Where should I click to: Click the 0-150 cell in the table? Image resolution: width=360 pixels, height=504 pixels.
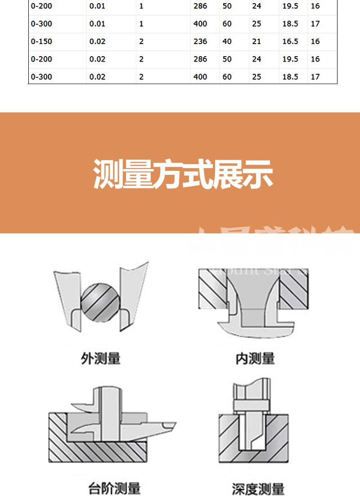41,41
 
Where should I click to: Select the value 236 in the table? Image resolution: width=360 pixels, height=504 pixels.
200,41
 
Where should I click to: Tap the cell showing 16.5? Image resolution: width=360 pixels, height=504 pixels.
290,41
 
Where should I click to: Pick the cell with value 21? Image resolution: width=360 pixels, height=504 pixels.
256,41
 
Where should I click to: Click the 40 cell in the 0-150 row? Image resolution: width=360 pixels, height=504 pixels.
227,41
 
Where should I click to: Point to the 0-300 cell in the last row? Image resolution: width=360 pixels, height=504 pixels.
41,77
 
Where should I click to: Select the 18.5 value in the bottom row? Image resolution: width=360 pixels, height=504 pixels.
290,77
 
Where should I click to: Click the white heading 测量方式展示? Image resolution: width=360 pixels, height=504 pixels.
183,174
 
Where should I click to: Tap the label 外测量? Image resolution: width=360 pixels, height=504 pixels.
101,358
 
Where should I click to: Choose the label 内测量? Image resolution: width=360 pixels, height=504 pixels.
255,358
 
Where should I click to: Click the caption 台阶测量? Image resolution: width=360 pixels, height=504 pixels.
114,488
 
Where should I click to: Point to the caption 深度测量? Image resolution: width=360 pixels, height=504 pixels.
258,489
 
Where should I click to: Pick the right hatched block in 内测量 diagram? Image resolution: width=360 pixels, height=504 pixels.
295,290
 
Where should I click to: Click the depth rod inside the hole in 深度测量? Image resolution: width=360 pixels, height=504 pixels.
251,432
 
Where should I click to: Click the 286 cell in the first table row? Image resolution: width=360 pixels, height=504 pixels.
200,6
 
